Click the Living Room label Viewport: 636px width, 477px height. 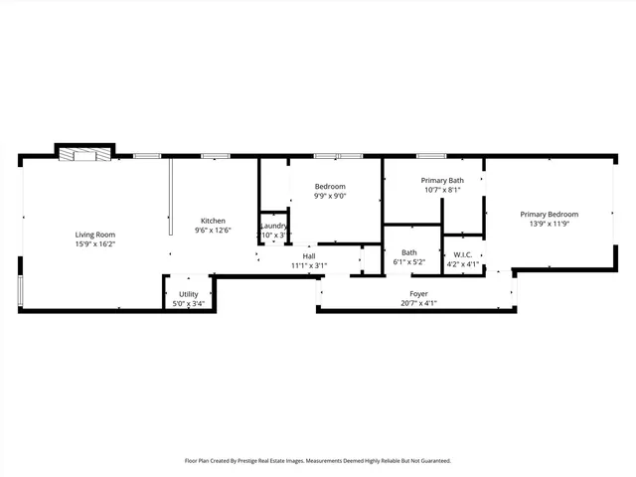click(x=95, y=235)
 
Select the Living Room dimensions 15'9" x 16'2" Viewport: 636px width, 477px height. click(x=95, y=244)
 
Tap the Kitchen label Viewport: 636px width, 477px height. click(x=213, y=221)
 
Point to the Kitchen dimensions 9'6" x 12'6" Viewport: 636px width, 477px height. click(x=213, y=231)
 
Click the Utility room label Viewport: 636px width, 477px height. click(x=189, y=294)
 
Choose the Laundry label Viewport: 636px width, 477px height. click(x=274, y=226)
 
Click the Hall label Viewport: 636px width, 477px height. click(x=309, y=255)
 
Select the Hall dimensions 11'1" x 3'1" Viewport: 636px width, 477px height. click(x=309, y=265)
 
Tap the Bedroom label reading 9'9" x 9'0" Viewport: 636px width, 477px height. click(x=330, y=187)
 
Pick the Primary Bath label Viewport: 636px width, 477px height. click(x=443, y=180)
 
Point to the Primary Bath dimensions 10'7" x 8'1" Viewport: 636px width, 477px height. click(x=443, y=190)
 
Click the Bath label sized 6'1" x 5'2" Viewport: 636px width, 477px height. click(x=408, y=252)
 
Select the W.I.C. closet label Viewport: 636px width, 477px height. click(x=462, y=252)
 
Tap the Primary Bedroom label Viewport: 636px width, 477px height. click(x=549, y=214)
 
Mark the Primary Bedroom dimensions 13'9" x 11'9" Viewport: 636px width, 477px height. click(x=549, y=224)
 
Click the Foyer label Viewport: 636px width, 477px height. click(x=418, y=294)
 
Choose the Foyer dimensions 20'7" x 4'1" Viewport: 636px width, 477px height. click(x=418, y=304)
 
